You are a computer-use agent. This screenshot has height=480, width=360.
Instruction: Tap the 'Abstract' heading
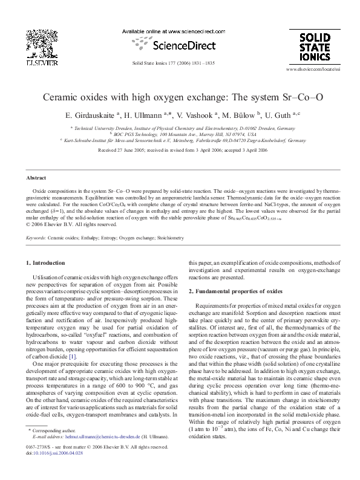point(34,178)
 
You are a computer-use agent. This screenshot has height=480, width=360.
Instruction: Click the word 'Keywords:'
point(35,238)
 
